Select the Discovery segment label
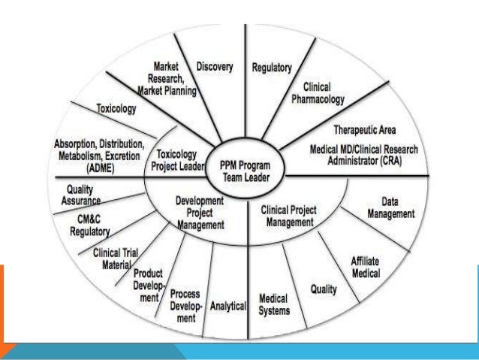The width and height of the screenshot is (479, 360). pyautogui.click(x=215, y=67)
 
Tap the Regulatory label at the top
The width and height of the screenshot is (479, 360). pyautogui.click(x=272, y=68)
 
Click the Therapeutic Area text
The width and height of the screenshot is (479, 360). pyautogui.click(x=365, y=130)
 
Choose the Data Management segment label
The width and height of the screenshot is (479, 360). pyautogui.click(x=390, y=208)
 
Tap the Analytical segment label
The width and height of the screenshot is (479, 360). pyautogui.click(x=229, y=306)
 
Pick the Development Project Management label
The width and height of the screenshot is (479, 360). pyautogui.click(x=200, y=212)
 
